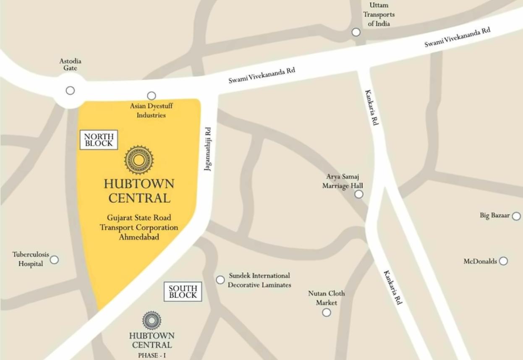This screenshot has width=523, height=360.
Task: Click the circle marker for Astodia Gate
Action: pyautogui.click(x=70, y=90)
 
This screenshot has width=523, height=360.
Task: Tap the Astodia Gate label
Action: pyautogui.click(x=70, y=64)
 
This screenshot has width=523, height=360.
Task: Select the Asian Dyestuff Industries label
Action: pyautogui.click(x=151, y=110)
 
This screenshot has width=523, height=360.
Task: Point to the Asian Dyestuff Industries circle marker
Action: pyautogui.click(x=152, y=96)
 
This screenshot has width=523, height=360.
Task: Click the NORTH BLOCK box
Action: pyautogui.click(x=99, y=140)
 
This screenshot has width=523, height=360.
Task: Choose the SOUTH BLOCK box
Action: pyautogui.click(x=183, y=292)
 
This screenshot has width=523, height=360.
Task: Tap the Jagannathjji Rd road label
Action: pyautogui.click(x=208, y=149)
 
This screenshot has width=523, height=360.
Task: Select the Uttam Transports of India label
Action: pyautogui.click(x=379, y=14)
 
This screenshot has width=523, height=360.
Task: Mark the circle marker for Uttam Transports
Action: pyautogui.click(x=356, y=32)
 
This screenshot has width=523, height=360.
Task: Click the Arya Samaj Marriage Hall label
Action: pyautogui.click(x=343, y=181)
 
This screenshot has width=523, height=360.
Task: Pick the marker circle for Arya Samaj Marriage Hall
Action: pyautogui.click(x=359, y=194)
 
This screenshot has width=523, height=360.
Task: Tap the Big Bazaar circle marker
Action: pyautogui.click(x=516, y=216)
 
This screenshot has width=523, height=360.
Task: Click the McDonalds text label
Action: pyautogui.click(x=480, y=261)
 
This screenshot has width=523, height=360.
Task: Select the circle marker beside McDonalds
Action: pyautogui.click(x=503, y=261)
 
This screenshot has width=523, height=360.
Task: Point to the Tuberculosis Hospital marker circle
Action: pyautogui.click(x=54, y=260)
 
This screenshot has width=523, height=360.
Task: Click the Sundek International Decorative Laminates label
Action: pyautogui.click(x=259, y=280)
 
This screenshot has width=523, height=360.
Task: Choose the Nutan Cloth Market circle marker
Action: pyautogui.click(x=327, y=312)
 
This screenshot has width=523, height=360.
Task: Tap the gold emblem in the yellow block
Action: pyautogui.click(x=139, y=160)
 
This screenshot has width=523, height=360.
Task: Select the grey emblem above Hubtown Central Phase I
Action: pyautogui.click(x=152, y=321)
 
